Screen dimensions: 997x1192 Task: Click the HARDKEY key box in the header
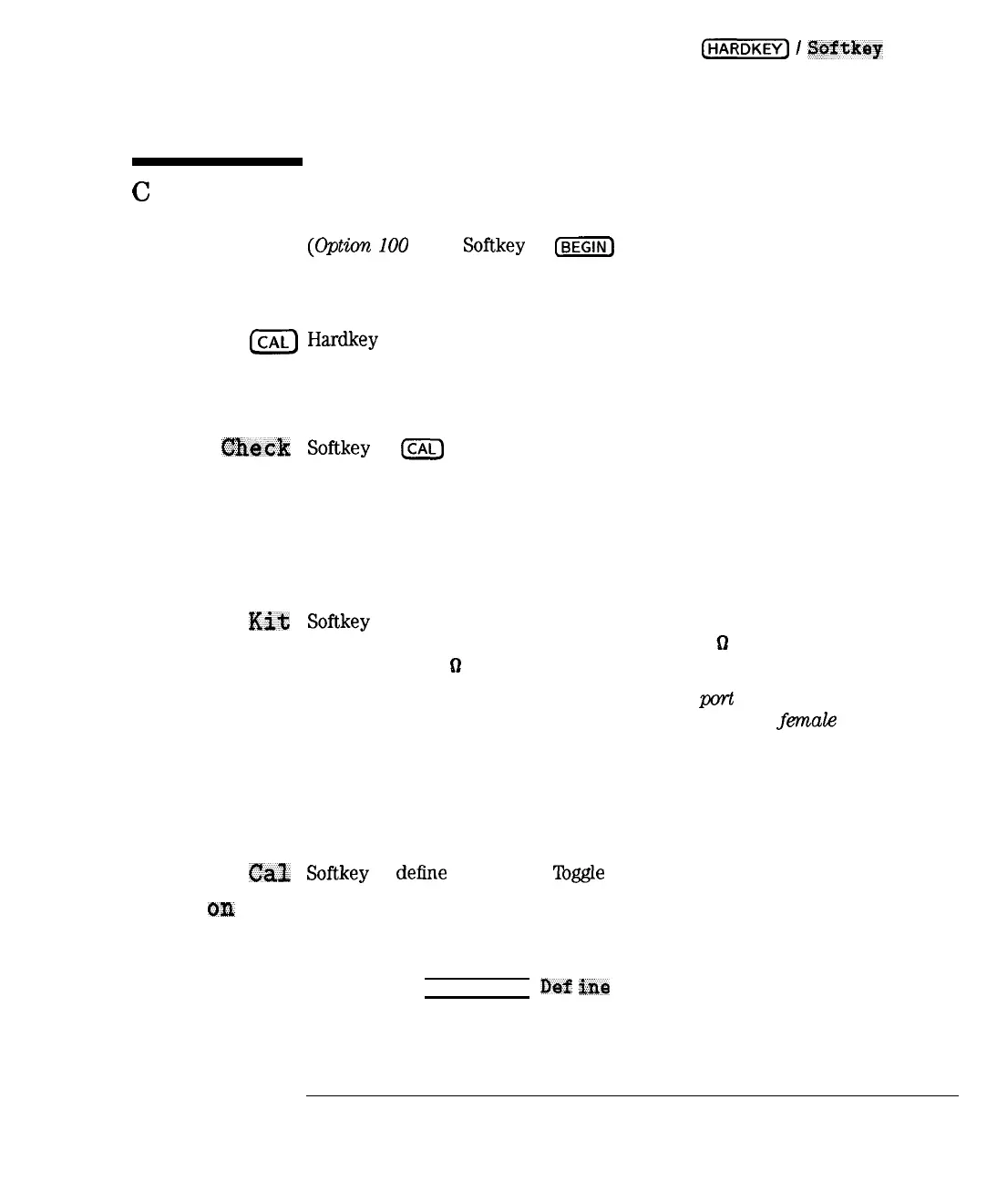pos(745,49)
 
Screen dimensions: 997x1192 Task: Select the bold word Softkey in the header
pos(845,48)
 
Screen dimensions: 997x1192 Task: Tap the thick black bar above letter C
pos(217,161)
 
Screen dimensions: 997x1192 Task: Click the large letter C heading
pos(141,191)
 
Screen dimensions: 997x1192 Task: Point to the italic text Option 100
pos(358,246)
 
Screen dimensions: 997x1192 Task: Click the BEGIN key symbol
pos(584,247)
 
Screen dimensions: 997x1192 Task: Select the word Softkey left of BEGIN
pos(493,246)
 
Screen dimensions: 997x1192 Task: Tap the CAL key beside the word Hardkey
pos(273,342)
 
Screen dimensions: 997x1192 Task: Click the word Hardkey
pos(343,340)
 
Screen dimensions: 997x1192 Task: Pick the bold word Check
pos(256,447)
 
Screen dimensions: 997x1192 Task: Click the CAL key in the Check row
pos(422,448)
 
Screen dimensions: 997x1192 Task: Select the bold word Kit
pos(269,622)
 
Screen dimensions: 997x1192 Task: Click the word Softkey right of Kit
pos(338,622)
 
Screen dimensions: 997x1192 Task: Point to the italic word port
pos(716,699)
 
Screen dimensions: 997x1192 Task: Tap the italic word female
pos(807,720)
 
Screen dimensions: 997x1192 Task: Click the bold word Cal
pos(269,873)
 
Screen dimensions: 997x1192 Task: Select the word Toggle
pos(579,873)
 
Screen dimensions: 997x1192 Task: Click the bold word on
pos(221,909)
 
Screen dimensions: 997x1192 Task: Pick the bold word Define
pos(575,987)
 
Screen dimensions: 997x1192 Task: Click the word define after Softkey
pos(421,873)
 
